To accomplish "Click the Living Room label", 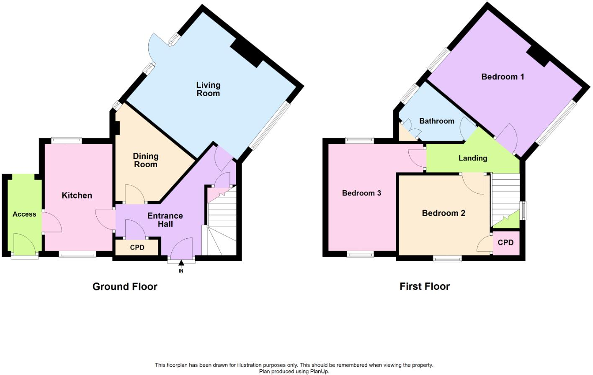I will click(x=208, y=89).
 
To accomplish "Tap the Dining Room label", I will click(x=145, y=160).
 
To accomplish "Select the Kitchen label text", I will click(x=77, y=195).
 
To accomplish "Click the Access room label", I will click(x=24, y=214).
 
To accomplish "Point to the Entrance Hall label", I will click(x=165, y=219).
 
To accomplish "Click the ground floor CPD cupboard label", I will click(x=137, y=247).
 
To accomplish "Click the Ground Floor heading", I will click(x=125, y=286).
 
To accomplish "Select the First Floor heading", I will click(x=424, y=286).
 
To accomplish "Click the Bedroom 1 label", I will click(x=503, y=77).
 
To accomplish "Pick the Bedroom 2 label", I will click(x=443, y=213).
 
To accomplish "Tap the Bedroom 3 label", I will click(x=361, y=193).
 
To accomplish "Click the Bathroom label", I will click(x=436, y=121).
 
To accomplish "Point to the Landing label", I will click(x=472, y=158).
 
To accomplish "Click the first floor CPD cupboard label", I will click(x=505, y=242).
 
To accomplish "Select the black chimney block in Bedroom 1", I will click(x=538, y=55).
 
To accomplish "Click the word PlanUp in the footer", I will click(x=319, y=371).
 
